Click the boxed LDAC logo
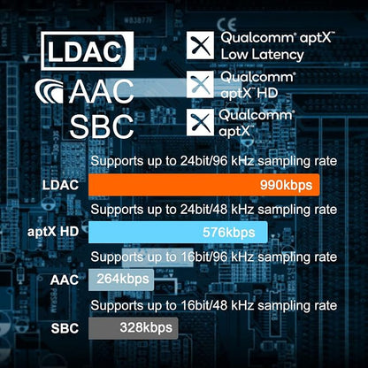(x=87, y=51)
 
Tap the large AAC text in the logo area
(x=102, y=92)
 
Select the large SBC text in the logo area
(x=102, y=126)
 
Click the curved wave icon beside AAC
(x=50, y=91)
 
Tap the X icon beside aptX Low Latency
(x=200, y=45)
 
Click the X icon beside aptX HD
(x=200, y=84)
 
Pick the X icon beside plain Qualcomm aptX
(x=200, y=122)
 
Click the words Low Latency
(x=262, y=55)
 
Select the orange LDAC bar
(x=203, y=185)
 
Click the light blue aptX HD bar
(x=178, y=233)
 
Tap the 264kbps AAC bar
(x=121, y=280)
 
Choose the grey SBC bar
(x=134, y=328)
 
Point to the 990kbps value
(x=286, y=186)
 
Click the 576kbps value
(x=229, y=233)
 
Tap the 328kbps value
(x=146, y=328)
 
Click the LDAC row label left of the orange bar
(x=60, y=185)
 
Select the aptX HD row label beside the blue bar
(x=53, y=232)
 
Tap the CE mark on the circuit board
(x=226, y=24)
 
